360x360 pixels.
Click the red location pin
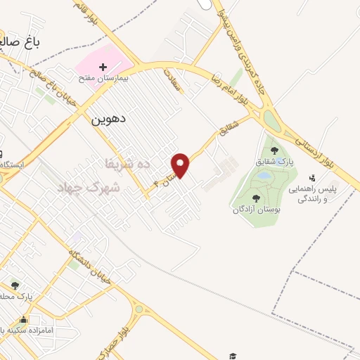click(x=181, y=165)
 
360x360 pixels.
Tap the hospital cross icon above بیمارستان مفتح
click(x=103, y=66)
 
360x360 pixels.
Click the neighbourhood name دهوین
click(x=109, y=119)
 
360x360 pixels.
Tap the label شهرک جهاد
click(x=98, y=188)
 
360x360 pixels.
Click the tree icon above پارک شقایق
click(x=274, y=150)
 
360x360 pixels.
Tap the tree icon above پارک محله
click(x=15, y=285)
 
